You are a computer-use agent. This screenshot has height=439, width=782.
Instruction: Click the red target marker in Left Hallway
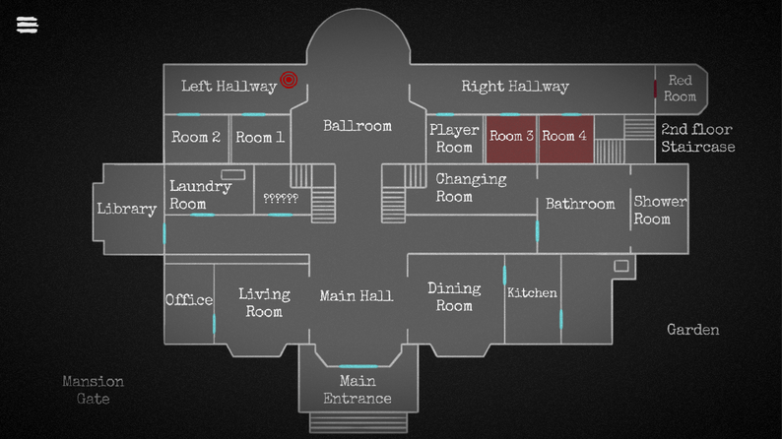[289, 80]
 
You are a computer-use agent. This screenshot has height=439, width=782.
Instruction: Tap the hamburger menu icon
[28, 25]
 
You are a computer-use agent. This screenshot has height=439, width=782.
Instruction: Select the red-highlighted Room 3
[511, 137]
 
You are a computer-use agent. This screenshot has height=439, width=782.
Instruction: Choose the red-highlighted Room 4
[564, 137]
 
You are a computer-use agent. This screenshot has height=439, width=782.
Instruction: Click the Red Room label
[680, 88]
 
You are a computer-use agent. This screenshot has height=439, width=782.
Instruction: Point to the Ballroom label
[357, 126]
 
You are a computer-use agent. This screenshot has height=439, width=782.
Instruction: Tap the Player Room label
[454, 138]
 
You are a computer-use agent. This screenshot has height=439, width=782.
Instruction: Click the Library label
[126, 209]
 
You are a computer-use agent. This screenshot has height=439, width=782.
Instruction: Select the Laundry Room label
[200, 195]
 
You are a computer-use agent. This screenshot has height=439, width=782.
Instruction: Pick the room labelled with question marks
[281, 198]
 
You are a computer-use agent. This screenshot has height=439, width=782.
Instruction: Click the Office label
[188, 300]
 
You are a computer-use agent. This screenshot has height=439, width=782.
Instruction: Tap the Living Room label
[264, 302]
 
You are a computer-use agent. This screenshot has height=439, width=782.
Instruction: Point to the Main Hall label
[357, 295]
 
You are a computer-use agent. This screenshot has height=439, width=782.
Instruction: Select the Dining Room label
[454, 296]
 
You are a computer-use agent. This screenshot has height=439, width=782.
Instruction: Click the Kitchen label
[532, 293]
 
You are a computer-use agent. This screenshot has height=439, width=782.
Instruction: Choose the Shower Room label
[660, 210]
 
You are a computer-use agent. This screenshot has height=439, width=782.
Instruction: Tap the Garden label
[692, 330]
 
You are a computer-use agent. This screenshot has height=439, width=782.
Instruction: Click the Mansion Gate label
[93, 390]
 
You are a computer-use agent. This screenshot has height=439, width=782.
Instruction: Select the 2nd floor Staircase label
[697, 138]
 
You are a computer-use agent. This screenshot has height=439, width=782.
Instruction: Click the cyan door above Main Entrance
[358, 367]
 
